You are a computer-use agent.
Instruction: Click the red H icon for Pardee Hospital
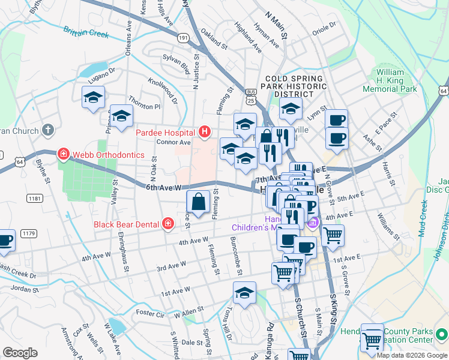(x=205, y=132)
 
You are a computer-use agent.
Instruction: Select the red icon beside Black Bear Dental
(x=169, y=224)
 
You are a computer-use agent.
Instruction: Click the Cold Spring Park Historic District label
(x=294, y=86)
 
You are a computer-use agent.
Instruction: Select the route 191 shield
(x=184, y=37)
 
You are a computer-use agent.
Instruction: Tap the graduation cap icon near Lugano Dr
(x=93, y=97)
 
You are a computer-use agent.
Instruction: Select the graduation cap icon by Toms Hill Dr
(x=244, y=294)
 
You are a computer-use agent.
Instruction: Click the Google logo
(x=20, y=352)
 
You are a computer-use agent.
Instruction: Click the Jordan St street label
(x=24, y=289)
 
